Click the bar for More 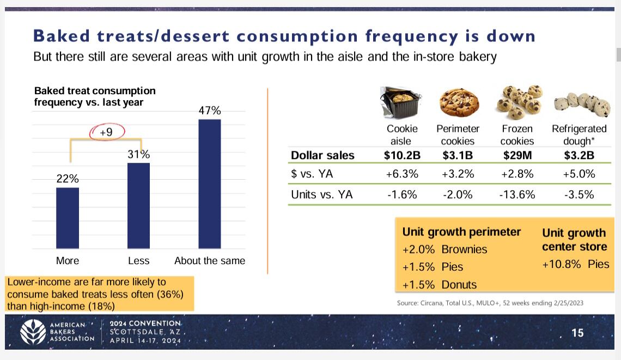[x=68, y=218]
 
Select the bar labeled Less [x=138, y=205]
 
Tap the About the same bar [x=210, y=184]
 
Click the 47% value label [x=210, y=111]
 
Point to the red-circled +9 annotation [x=106, y=132]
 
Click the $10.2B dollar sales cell [x=402, y=155]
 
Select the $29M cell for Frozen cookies [x=517, y=155]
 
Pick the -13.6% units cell [x=517, y=194]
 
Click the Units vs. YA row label [x=322, y=194]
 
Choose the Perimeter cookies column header [x=458, y=135]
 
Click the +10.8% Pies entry [x=575, y=264]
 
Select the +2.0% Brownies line [x=445, y=249]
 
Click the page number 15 [x=577, y=332]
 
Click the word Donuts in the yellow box [x=459, y=285]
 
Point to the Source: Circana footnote [x=490, y=303]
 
